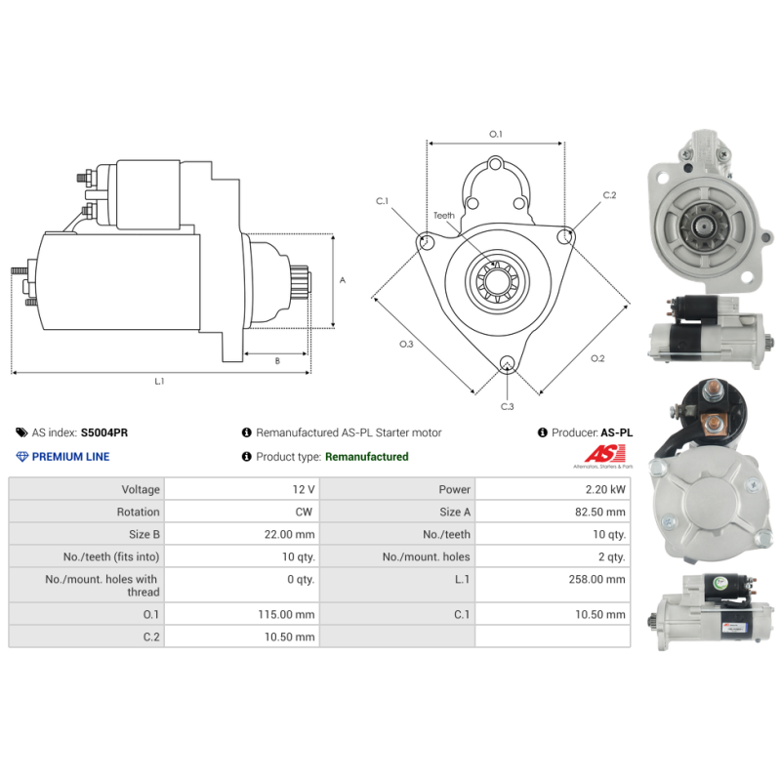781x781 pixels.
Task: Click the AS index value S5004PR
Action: pyautogui.click(x=104, y=432)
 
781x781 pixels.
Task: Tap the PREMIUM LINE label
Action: pyautogui.click(x=70, y=457)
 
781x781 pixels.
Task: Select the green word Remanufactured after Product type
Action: pyautogui.click(x=367, y=457)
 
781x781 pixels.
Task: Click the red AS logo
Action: pyautogui.click(x=604, y=453)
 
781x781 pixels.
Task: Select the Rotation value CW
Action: pyautogui.click(x=304, y=512)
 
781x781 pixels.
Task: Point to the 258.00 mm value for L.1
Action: pyautogui.click(x=596, y=579)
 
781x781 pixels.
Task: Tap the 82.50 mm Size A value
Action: pyautogui.click(x=599, y=512)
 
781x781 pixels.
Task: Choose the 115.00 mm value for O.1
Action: pyautogui.click(x=286, y=615)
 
